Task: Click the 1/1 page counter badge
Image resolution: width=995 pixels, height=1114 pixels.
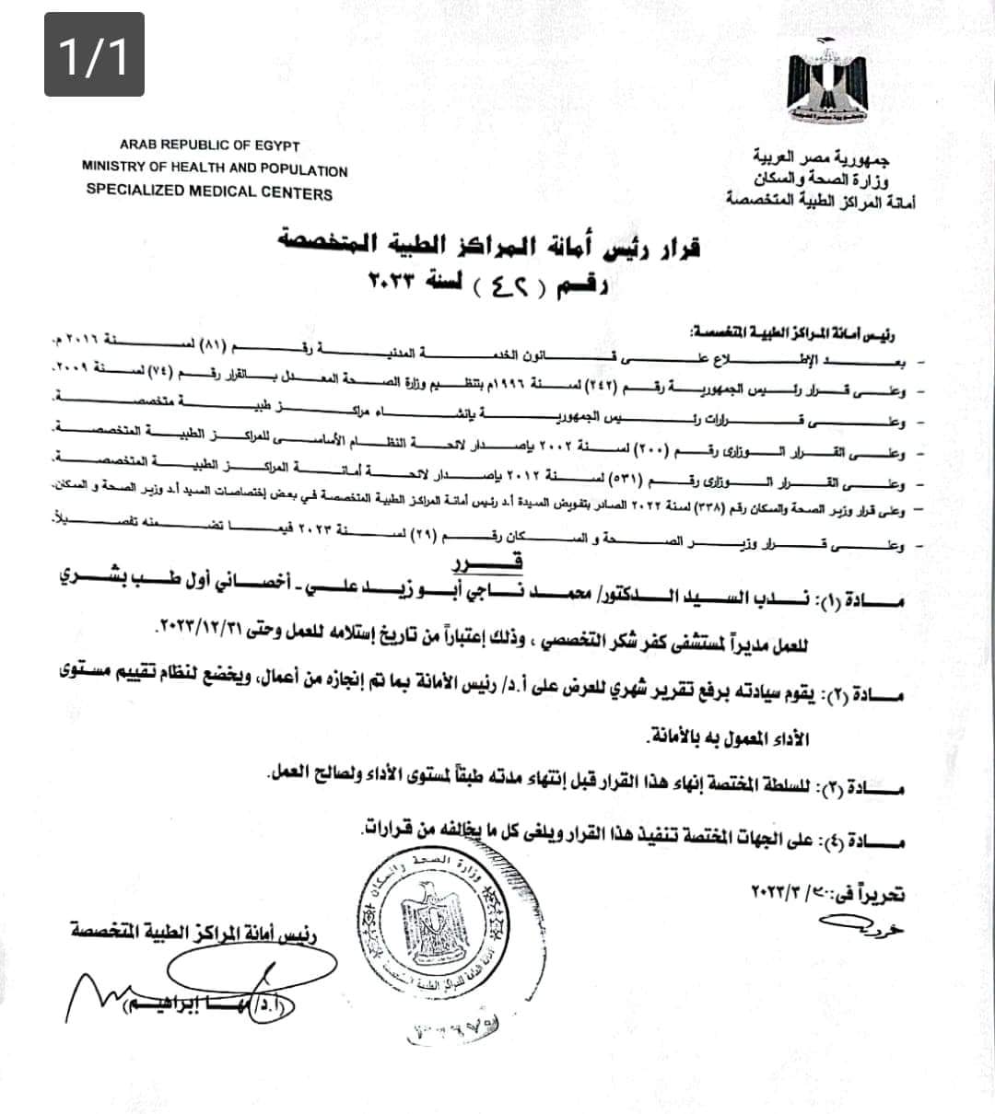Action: click(x=94, y=54)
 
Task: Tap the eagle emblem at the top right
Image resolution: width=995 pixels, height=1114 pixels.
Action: click(x=826, y=86)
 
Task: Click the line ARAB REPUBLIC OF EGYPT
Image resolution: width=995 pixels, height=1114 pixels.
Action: click(x=210, y=145)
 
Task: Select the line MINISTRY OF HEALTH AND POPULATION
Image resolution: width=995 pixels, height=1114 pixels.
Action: click(x=215, y=169)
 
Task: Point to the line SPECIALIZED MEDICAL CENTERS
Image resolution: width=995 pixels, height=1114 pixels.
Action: click(x=209, y=192)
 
